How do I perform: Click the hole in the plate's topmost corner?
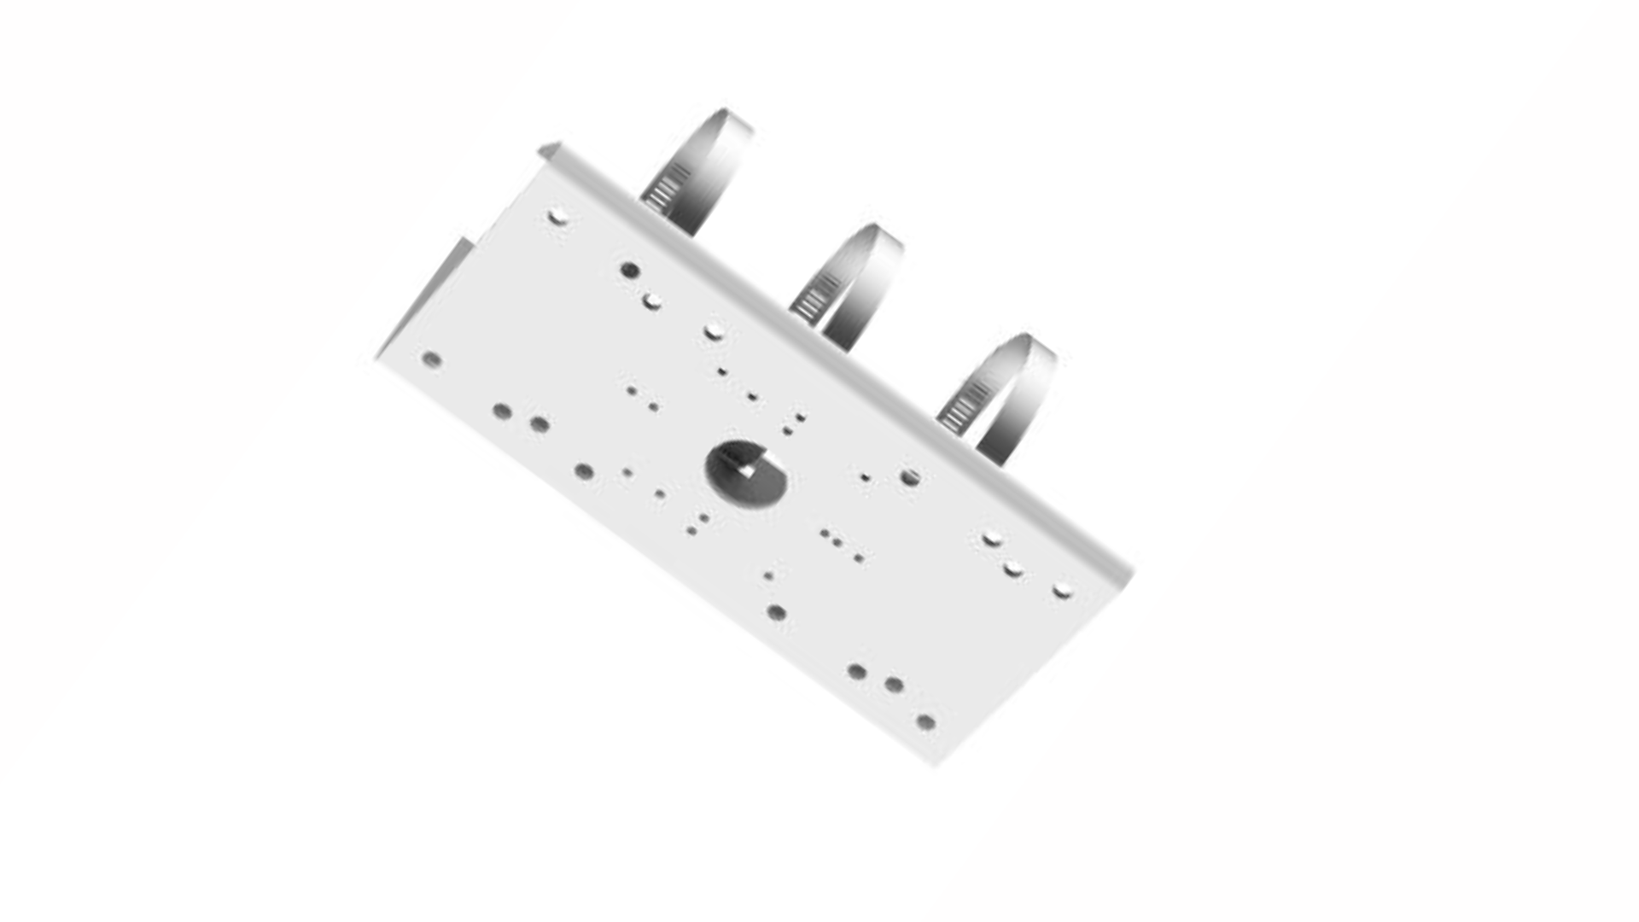click(557, 217)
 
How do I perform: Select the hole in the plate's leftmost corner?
click(432, 359)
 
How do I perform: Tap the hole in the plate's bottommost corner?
click(925, 722)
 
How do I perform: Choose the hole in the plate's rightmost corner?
click(1062, 590)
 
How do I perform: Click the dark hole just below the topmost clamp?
click(630, 271)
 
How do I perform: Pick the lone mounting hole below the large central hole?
click(776, 612)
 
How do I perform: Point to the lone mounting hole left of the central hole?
click(584, 471)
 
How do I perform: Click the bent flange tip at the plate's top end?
click(549, 151)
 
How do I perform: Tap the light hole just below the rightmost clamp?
click(910, 476)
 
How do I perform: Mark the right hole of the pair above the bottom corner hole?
click(894, 685)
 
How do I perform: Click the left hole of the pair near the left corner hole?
click(502, 411)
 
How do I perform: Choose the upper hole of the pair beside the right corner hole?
click(991, 539)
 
